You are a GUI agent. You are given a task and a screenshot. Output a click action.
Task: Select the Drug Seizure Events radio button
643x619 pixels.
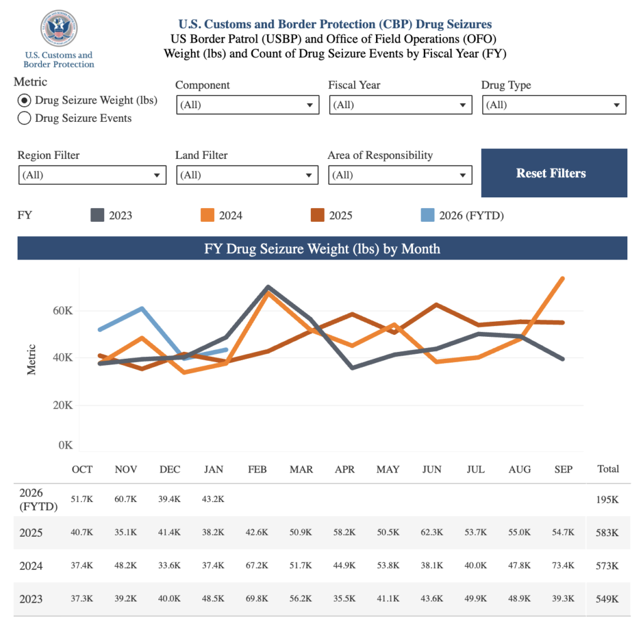pyautogui.click(x=24, y=118)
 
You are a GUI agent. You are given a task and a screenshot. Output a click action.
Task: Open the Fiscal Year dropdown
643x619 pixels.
pyautogui.click(x=400, y=105)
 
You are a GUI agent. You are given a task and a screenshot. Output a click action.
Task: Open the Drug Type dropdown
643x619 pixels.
pyautogui.click(x=554, y=105)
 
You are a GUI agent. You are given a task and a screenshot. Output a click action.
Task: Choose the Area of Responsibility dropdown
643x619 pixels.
pyautogui.click(x=399, y=175)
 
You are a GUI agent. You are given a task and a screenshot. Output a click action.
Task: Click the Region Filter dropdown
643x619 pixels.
pyautogui.click(x=92, y=175)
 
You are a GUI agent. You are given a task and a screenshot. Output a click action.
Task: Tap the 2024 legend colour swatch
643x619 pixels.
pyautogui.click(x=208, y=216)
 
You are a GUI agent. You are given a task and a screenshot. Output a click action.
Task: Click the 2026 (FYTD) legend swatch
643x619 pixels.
pyautogui.click(x=428, y=216)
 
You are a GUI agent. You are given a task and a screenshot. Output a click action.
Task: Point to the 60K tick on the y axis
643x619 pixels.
pyautogui.click(x=63, y=310)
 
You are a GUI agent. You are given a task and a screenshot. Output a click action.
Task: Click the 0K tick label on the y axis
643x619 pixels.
pyautogui.click(x=66, y=446)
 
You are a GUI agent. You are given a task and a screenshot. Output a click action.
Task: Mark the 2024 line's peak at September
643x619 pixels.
pyautogui.click(x=563, y=278)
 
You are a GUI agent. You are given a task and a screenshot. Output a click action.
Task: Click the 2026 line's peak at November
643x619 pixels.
pyautogui.click(x=143, y=309)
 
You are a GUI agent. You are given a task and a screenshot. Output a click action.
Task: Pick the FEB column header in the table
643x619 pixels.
pyautogui.click(x=257, y=469)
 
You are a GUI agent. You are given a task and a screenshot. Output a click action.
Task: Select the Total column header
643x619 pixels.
pyautogui.click(x=608, y=469)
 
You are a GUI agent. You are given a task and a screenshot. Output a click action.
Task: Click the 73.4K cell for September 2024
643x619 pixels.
pyautogui.click(x=563, y=566)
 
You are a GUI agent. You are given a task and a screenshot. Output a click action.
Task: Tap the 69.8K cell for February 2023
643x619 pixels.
pyautogui.click(x=257, y=598)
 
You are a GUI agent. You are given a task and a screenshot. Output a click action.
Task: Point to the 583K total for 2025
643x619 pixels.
pyautogui.click(x=608, y=533)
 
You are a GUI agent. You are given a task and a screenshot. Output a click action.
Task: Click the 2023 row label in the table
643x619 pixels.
pyautogui.click(x=31, y=599)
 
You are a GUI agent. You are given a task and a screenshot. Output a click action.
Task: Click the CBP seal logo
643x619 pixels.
pyautogui.click(x=58, y=29)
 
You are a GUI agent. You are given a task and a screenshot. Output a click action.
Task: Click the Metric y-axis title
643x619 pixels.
pyautogui.click(x=31, y=359)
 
